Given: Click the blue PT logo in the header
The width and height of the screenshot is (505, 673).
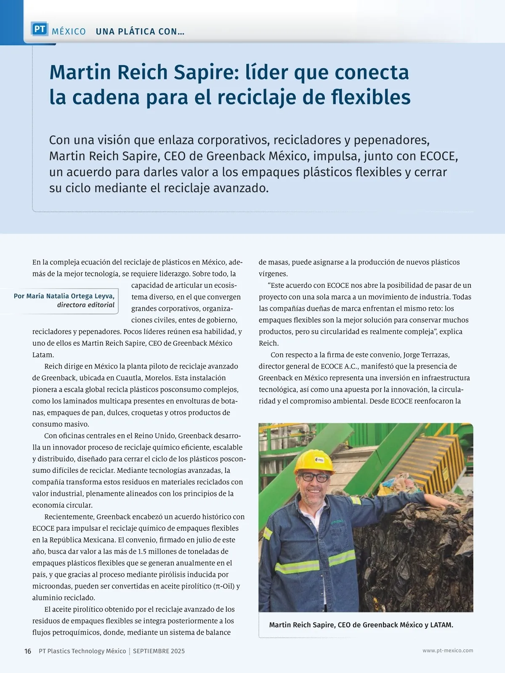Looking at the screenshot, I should coord(40,29).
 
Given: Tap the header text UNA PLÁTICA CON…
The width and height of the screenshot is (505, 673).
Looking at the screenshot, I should coord(140,32).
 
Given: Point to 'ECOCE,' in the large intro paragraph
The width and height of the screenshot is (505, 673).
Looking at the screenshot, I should coord(439,156).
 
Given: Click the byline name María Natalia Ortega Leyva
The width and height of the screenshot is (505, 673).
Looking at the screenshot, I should coord(70,296).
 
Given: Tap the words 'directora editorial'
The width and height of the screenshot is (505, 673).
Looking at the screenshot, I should coord(86,305).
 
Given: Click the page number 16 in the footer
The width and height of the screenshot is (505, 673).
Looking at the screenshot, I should coord(28,651).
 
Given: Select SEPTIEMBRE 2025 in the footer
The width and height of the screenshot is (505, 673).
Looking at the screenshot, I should coord(159,651).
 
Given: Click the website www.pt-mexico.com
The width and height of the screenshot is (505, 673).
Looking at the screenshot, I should coord(448,651).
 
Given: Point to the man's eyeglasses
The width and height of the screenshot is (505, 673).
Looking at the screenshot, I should coord(315,477).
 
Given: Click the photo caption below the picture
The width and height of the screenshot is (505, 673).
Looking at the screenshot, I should coord(361,625).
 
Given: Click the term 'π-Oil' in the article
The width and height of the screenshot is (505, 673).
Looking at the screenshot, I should coord(224,586).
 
